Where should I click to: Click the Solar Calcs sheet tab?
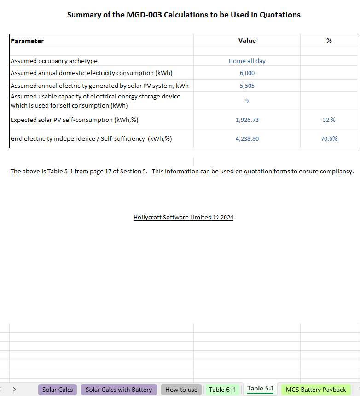58,390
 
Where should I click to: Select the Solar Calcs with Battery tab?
118,390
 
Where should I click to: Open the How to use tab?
181,390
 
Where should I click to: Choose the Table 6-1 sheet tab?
222,390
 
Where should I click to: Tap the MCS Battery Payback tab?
316,390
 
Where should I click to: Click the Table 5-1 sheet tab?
260,389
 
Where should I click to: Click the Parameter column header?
27,41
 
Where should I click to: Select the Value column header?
247,40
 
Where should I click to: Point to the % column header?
329,40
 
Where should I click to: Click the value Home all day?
247,61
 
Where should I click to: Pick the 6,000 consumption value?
247,73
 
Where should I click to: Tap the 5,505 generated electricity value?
247,86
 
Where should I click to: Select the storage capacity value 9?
247,101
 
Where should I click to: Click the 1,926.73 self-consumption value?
247,120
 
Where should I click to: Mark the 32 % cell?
329,120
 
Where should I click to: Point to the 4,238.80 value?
247,138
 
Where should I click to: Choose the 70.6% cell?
329,138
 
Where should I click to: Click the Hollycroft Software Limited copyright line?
183,218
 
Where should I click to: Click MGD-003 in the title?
143,15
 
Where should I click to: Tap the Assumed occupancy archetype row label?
54,61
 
